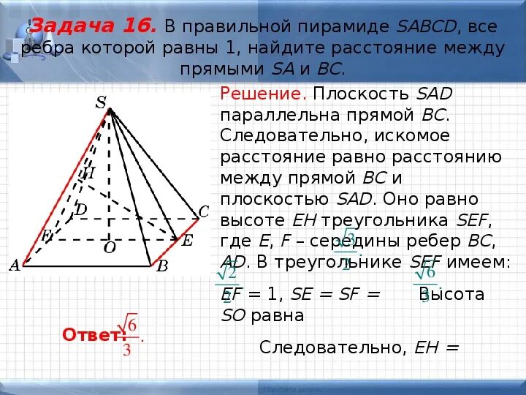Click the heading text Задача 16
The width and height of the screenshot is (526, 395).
94,27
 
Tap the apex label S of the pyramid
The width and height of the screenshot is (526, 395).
101,103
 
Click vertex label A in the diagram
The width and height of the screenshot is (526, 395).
15,266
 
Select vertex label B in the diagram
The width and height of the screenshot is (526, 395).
162,268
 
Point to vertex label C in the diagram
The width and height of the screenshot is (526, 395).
204,212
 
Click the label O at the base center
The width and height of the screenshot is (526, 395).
110,248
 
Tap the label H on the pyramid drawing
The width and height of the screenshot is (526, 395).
88,174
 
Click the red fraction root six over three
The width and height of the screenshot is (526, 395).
129,335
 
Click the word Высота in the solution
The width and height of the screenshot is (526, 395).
452,294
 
